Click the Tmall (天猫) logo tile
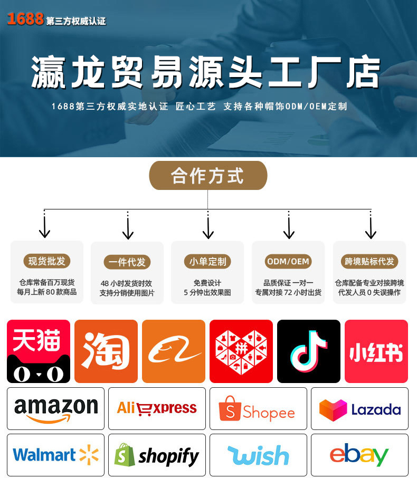(x=38, y=351)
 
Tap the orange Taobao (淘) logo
(x=106, y=351)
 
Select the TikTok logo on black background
(x=308, y=351)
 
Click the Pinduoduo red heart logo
(x=241, y=351)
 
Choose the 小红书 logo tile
(x=376, y=351)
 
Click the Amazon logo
(x=55, y=409)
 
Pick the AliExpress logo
(x=157, y=408)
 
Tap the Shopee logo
(x=258, y=409)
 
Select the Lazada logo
(x=359, y=409)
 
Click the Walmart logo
(x=55, y=455)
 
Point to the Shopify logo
(x=157, y=455)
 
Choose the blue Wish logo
(x=258, y=455)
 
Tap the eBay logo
(x=359, y=455)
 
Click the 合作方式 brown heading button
(x=208, y=176)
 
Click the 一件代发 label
(x=127, y=262)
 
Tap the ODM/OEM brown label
(x=288, y=261)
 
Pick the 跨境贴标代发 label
(x=369, y=261)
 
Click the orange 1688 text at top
(x=25, y=20)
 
